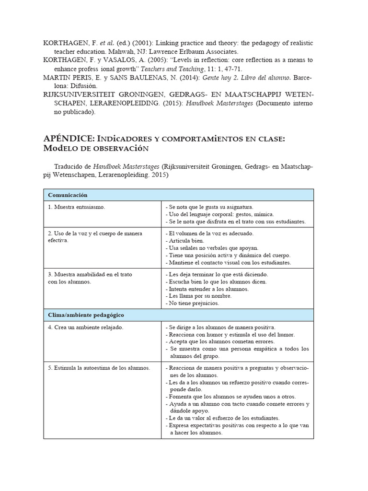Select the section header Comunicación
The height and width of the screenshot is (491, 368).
(x=67, y=195)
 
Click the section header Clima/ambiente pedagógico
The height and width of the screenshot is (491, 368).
(x=86, y=315)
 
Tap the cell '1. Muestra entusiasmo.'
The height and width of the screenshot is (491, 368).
(x=76, y=207)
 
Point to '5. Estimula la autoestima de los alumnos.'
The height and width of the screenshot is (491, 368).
(x=99, y=368)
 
